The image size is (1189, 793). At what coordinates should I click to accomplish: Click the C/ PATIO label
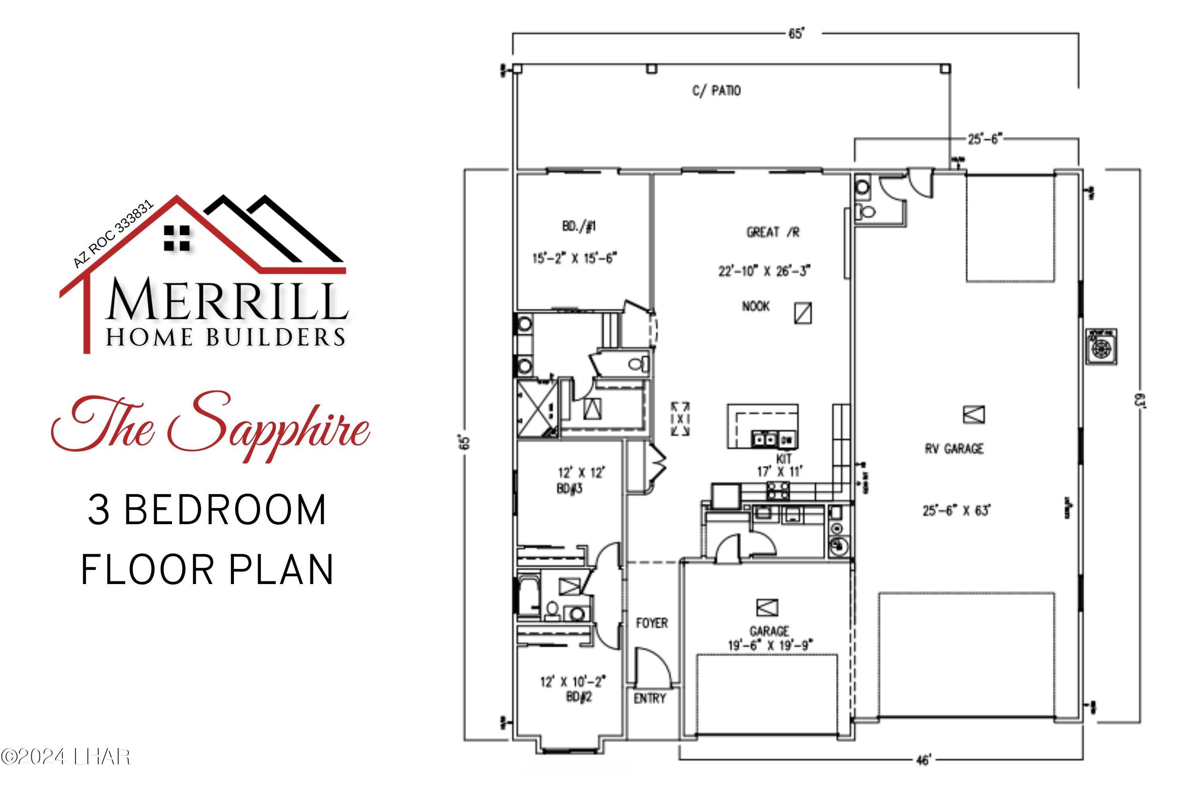[716, 91]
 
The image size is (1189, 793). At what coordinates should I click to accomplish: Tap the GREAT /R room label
[773, 232]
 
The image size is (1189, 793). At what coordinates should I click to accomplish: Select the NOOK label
[756, 306]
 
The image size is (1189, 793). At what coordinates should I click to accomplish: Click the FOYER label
[652, 623]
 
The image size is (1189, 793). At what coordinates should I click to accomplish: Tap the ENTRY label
[650, 698]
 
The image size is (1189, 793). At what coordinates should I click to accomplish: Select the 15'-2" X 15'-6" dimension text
[575, 259]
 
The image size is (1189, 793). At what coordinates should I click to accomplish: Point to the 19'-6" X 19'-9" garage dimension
[770, 646]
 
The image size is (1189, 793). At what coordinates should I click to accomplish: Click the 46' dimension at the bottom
[923, 760]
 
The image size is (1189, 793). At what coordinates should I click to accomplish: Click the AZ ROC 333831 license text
[113, 234]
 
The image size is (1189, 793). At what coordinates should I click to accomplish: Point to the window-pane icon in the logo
[177, 238]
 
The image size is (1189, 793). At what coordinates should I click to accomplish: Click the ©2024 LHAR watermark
[66, 757]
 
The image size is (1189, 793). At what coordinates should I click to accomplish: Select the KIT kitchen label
[784, 459]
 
